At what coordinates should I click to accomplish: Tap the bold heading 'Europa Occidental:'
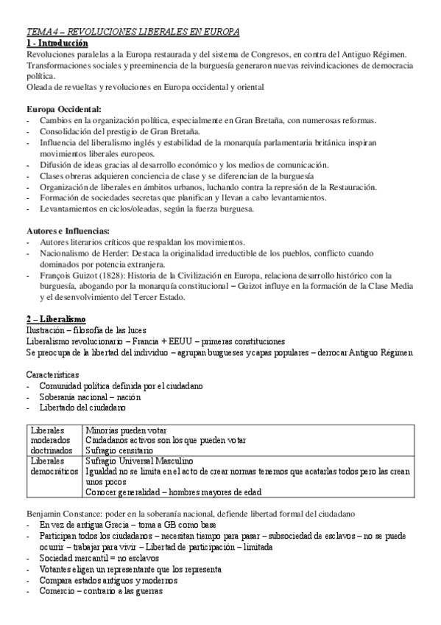pos(63,110)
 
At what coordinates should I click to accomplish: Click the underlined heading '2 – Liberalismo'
pos(55,318)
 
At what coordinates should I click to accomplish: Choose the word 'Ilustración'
pos(47,329)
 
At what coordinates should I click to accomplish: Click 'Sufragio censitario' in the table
pos(119,450)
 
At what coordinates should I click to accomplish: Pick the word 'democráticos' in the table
pos(54,471)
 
